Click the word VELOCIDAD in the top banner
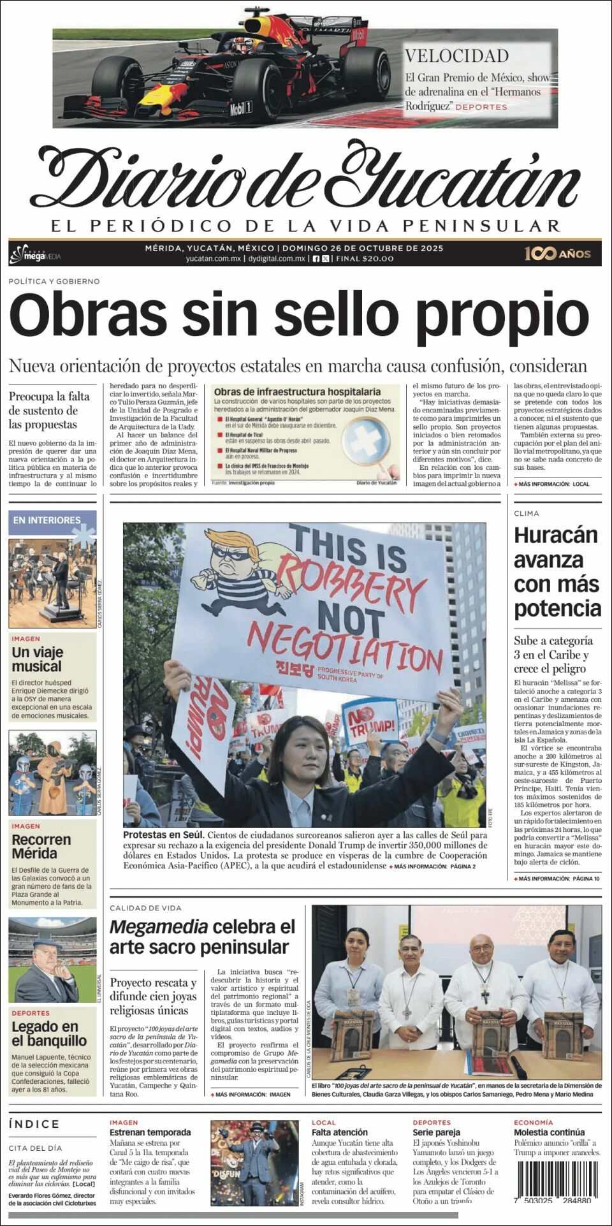[x=456, y=56]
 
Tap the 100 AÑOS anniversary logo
[x=557, y=253]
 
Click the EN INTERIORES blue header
[x=47, y=520]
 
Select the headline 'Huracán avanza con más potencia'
[x=557, y=571]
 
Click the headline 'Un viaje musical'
[x=37, y=659]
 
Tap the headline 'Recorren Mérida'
[x=41, y=846]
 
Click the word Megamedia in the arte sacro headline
[x=158, y=927]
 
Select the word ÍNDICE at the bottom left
[x=34, y=1124]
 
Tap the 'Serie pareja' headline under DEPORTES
[x=436, y=1132]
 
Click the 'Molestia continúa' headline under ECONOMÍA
[x=549, y=1132]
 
